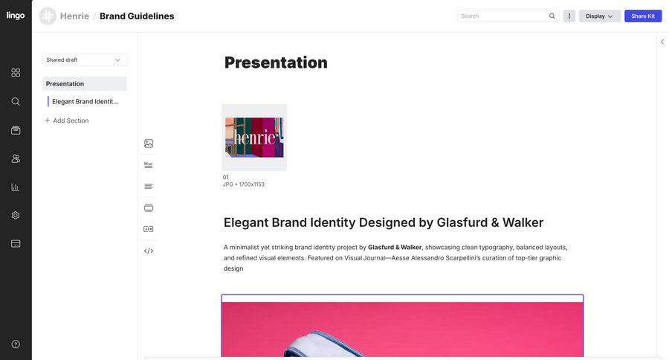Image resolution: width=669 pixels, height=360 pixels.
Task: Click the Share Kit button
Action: click(x=643, y=16)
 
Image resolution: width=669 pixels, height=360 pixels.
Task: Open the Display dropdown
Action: click(x=599, y=16)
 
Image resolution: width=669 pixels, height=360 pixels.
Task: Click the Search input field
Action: click(x=503, y=16)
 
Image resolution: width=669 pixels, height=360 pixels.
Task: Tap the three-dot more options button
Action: click(x=569, y=16)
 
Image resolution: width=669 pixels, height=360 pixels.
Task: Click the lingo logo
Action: click(x=16, y=15)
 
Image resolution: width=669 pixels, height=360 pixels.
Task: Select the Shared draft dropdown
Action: click(x=84, y=60)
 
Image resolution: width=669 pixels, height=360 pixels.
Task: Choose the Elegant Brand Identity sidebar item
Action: click(x=85, y=101)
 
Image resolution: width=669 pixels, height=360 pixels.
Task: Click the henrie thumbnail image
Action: click(x=254, y=138)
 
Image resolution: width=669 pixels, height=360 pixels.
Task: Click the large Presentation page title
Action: click(x=276, y=62)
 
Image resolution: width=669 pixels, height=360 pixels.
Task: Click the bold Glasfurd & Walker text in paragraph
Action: click(x=395, y=247)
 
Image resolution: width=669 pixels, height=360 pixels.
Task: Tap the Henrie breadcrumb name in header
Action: click(x=74, y=16)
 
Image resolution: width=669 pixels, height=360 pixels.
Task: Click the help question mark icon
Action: click(x=16, y=344)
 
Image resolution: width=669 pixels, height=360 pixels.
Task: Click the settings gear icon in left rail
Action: click(x=16, y=215)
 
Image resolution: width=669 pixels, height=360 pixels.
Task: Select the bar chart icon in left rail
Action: click(x=16, y=187)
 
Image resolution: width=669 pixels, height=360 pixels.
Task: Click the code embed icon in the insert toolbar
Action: click(x=149, y=251)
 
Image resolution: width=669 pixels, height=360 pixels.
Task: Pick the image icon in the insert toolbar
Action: click(x=149, y=144)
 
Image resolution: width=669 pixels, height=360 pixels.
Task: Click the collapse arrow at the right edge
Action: click(x=662, y=42)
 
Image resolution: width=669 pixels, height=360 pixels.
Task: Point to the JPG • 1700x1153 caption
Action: click(x=244, y=184)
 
